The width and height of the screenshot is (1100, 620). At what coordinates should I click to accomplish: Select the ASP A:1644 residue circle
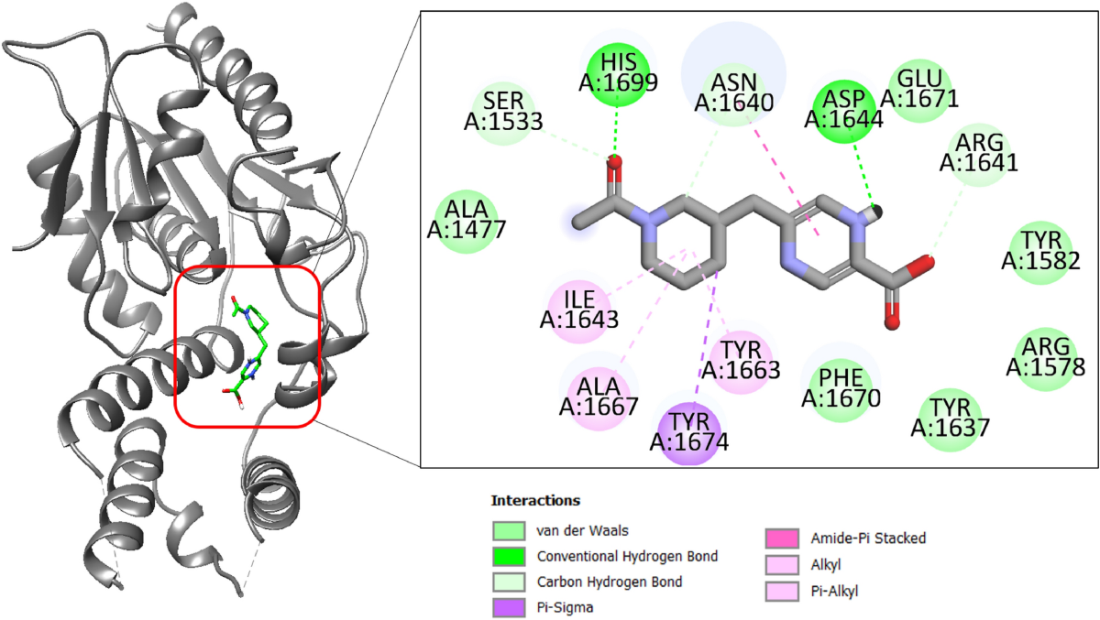click(842, 108)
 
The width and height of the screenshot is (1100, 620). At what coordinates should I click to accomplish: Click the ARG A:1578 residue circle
click(1046, 357)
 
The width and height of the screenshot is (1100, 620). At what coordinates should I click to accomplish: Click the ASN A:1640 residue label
click(734, 92)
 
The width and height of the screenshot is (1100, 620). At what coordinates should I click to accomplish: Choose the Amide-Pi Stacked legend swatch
click(781, 538)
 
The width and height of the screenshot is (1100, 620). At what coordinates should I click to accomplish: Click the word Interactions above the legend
click(535, 501)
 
